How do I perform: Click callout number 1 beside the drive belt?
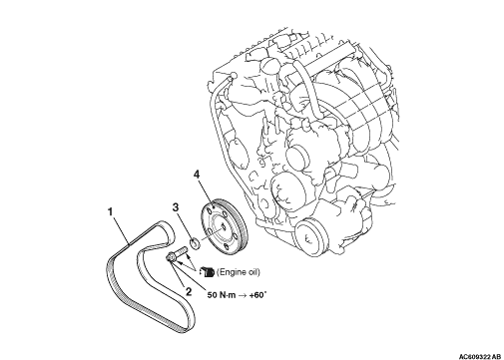pyautogui.click(x=111, y=211)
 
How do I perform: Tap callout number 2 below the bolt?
pyautogui.click(x=189, y=291)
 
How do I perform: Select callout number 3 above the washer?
pyautogui.click(x=175, y=207)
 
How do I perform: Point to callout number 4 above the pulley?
pyautogui.click(x=197, y=175)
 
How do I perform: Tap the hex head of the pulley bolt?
pyautogui.click(x=171, y=257)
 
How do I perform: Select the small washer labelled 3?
pyautogui.click(x=195, y=242)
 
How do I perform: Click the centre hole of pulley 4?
pyautogui.click(x=223, y=227)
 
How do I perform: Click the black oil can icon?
pyautogui.click(x=208, y=272)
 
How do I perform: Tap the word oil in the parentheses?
pyautogui.click(x=252, y=272)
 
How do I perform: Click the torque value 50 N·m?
pyautogui.click(x=222, y=295)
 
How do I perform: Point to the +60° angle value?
pyautogui.click(x=257, y=294)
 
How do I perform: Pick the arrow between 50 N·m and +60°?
pyautogui.click(x=243, y=295)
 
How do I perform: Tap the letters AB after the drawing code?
pyautogui.click(x=496, y=357)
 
